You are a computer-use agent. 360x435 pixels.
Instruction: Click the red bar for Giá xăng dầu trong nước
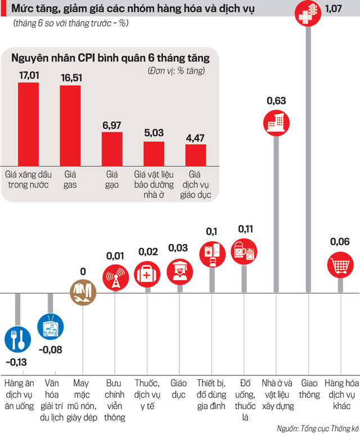[28, 124]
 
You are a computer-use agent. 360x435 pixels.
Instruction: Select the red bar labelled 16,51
[70, 125]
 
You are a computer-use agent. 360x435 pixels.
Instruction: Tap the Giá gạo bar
[112, 149]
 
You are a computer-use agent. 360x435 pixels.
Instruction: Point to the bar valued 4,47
[196, 155]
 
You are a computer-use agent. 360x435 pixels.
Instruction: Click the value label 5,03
[154, 133]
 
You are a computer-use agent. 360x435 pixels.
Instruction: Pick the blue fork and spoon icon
[18, 339]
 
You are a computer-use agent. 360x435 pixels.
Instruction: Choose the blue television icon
[51, 326]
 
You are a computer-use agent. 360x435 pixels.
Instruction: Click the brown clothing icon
[83, 292]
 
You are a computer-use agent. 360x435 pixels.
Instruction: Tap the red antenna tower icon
[116, 277]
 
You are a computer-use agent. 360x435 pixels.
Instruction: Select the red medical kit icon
[147, 275]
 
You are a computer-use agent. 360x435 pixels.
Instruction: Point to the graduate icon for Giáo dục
[180, 272]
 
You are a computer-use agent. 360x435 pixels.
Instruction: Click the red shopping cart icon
[340, 265]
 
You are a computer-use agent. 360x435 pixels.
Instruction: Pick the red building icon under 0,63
[276, 123]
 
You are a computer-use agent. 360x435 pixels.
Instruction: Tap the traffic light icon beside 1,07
[308, 13]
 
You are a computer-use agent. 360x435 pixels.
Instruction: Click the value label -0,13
[17, 362]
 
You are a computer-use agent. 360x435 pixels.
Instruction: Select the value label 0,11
[245, 229]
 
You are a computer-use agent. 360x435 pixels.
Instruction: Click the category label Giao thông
[309, 389]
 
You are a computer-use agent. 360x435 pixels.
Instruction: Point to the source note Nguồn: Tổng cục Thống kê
[318, 429]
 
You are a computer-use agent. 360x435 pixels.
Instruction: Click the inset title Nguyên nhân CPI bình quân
[110, 58]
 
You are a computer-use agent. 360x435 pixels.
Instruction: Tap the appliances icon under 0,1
[213, 254]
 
